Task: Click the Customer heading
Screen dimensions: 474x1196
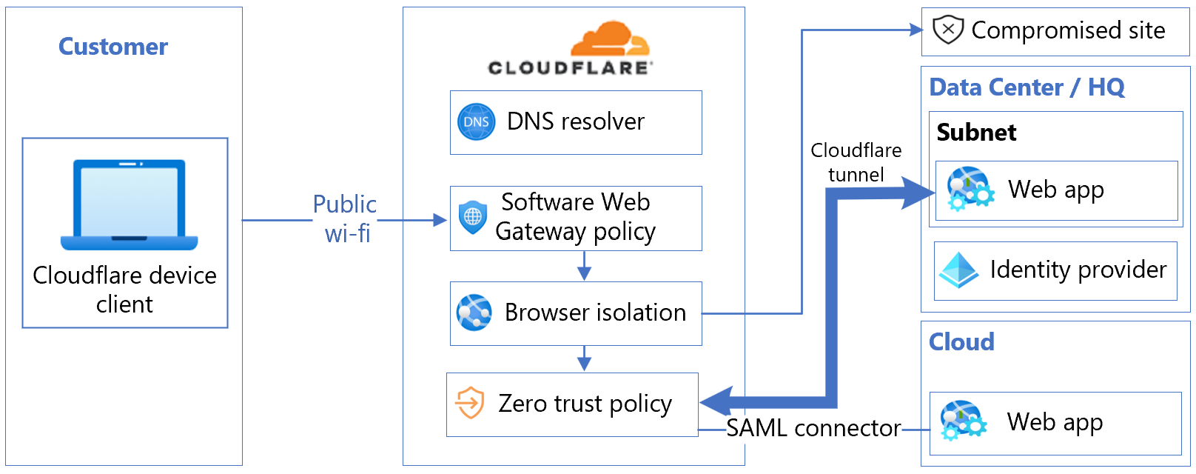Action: tap(113, 47)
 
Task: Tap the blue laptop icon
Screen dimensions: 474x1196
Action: tap(130, 205)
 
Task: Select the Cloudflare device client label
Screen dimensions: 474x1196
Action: tap(124, 290)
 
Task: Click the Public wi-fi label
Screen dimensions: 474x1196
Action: tap(345, 218)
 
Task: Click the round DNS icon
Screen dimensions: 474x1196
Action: tap(476, 122)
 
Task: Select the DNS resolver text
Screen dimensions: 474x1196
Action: tap(575, 121)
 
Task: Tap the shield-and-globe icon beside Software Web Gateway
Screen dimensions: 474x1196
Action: tap(473, 217)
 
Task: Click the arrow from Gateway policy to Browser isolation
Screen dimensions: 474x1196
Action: tap(584, 266)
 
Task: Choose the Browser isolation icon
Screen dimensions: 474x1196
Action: tap(474, 313)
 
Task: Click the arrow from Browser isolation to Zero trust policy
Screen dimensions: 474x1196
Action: tap(584, 358)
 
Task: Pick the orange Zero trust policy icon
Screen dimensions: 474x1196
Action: tap(470, 404)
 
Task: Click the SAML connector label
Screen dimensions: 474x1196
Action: tap(813, 428)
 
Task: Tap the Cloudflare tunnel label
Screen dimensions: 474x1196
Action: tap(856, 162)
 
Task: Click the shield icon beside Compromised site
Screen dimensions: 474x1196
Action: tap(947, 30)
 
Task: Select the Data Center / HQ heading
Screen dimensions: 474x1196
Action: tap(1027, 87)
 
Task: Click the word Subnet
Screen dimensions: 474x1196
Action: tap(976, 133)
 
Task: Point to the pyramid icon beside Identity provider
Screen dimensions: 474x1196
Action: tap(958, 270)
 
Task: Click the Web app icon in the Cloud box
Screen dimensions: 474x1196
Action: tap(963, 421)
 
